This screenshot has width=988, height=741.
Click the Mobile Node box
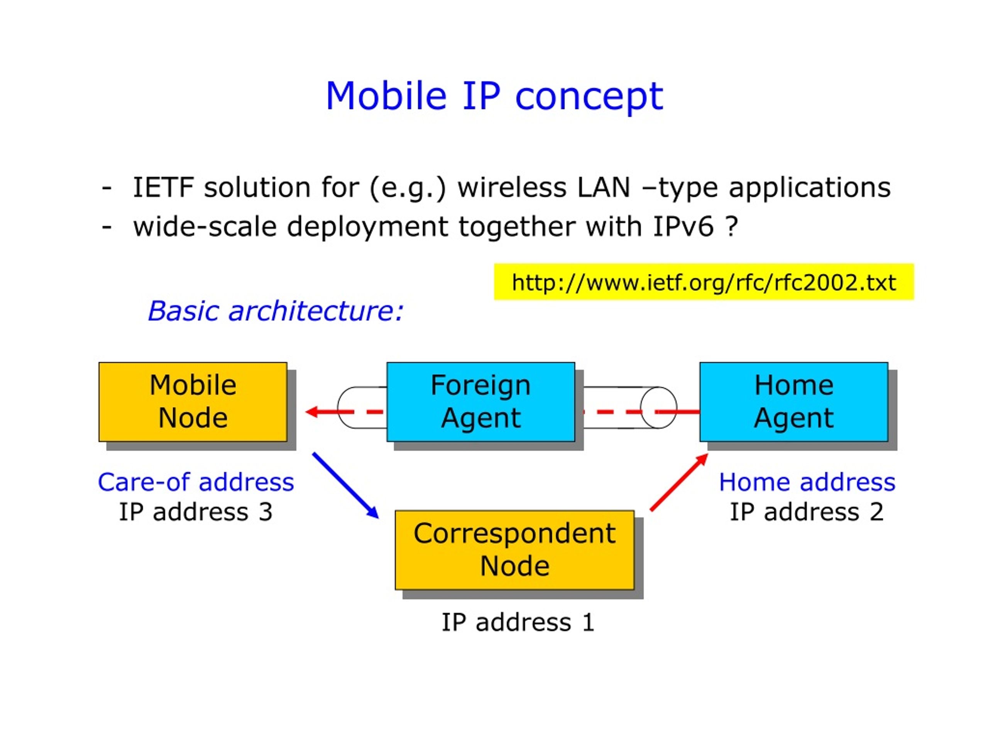193,402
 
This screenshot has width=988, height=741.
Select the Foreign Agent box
480,402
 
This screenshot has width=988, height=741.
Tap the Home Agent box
794,402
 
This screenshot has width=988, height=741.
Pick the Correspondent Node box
514,550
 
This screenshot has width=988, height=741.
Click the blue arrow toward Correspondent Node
346,486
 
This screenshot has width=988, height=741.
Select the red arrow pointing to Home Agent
679,482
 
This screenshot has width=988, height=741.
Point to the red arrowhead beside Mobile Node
312,411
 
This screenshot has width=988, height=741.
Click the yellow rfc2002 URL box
704,282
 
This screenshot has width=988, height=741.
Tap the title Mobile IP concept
494,96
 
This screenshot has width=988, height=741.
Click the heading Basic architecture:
276,310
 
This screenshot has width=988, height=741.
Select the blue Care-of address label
196,482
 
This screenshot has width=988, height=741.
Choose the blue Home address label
807,482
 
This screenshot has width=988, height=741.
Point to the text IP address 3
196,511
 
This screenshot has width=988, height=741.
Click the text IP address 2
807,511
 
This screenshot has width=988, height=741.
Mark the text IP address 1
518,622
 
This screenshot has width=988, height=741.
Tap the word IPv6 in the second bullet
683,227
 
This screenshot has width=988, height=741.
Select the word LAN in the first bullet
604,187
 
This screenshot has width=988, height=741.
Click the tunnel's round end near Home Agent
658,407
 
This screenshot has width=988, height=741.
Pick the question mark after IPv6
732,226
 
